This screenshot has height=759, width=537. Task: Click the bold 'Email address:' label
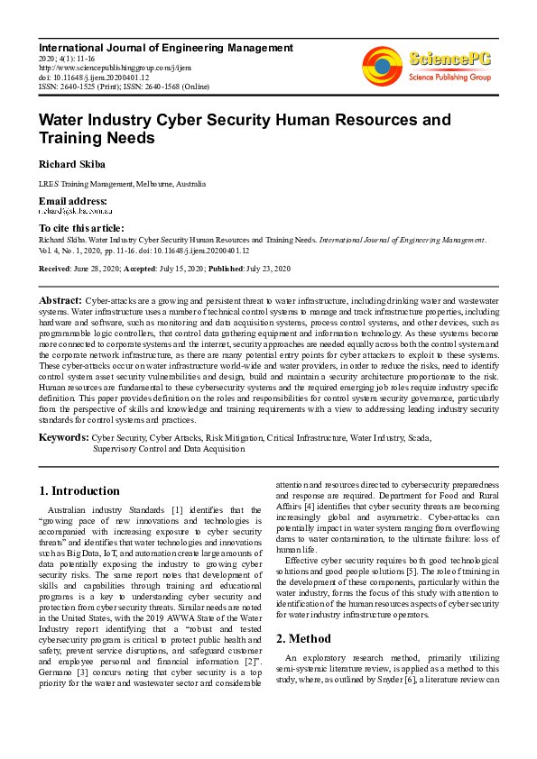pos(73,200)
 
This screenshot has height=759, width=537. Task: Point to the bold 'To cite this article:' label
pos(82,228)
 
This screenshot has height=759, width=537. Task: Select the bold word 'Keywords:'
pos(63,437)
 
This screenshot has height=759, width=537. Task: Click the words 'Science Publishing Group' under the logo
pos(449,78)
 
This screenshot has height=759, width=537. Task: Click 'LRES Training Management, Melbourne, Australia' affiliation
pos(122,184)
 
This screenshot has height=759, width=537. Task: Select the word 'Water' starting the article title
pos(62,119)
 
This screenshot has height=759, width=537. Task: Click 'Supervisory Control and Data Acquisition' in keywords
pos(169,447)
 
